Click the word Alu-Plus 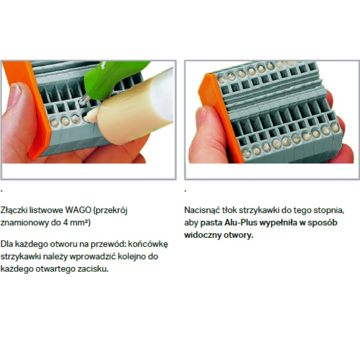(241, 223)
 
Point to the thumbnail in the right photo (201, 117)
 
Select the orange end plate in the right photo (220, 117)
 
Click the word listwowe (46, 210)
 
